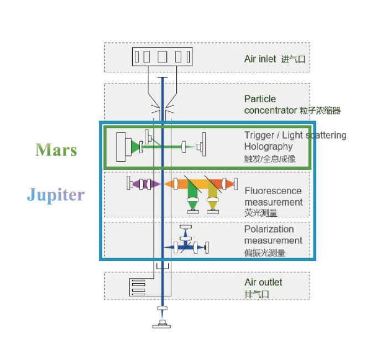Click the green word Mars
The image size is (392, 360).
56,150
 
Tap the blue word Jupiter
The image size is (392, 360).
56,195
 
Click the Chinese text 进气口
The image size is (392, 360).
293,59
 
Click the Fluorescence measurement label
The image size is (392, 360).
274,196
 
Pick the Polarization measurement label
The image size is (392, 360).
273,234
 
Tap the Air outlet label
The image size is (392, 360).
263,282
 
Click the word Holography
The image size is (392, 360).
268,147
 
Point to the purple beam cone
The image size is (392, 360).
154,184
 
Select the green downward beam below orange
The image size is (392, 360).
193,195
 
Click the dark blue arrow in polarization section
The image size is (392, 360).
177,247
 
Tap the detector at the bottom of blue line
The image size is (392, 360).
162,324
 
